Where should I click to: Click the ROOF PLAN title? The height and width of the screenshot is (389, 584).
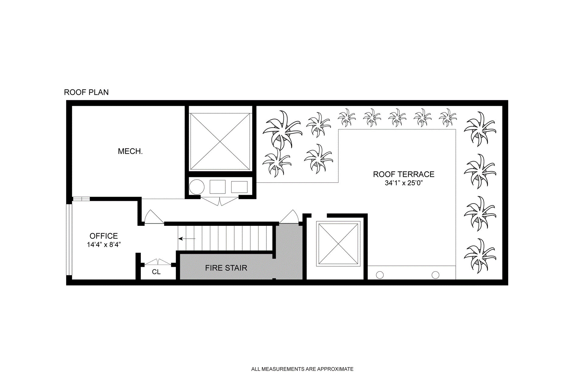coord(86,92)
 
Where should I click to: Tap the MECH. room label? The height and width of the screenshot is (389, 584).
coord(130,151)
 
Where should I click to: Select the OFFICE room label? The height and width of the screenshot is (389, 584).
coord(103,236)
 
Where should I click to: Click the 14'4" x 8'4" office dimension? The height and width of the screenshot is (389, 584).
coord(104,245)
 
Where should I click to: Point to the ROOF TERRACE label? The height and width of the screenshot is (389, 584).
coord(404,174)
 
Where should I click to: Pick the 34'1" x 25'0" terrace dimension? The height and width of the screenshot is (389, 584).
coord(404,183)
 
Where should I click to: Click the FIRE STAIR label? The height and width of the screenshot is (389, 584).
coord(226,268)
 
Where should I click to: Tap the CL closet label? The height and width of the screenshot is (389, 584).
coord(156,272)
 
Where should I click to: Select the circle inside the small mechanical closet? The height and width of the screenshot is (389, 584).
coord(196,187)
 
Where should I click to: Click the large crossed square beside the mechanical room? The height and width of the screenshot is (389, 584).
coord(220,142)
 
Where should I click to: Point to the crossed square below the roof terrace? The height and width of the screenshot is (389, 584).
coord(338,244)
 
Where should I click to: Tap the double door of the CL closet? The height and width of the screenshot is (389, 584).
coord(158,262)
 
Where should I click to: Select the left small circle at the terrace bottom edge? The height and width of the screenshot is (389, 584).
coord(380,275)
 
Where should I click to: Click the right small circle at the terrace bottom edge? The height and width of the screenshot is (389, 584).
coord(436,275)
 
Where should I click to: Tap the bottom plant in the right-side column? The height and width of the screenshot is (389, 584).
coord(480,256)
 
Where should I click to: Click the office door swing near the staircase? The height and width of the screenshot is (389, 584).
coord(154,217)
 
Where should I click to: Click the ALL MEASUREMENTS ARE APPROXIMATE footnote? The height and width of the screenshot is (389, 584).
coord(302,369)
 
